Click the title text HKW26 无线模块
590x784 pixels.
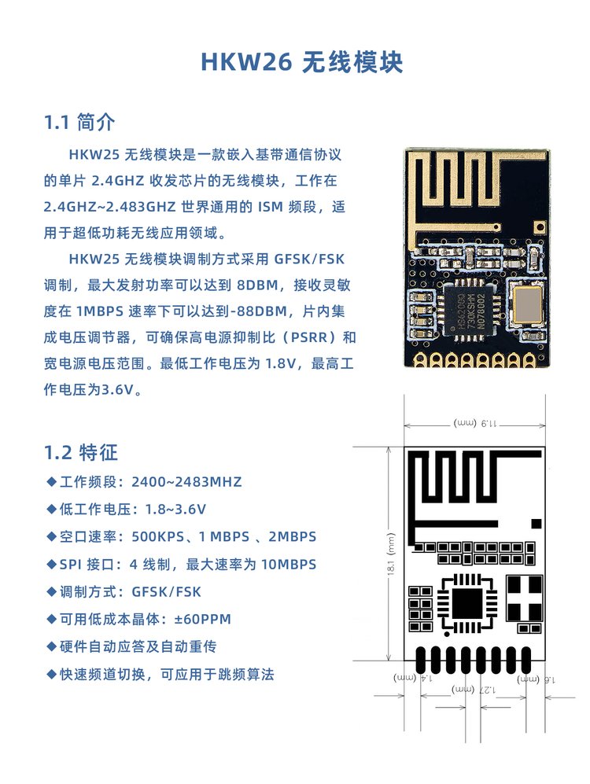(x=301, y=62)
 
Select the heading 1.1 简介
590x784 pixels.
(x=79, y=122)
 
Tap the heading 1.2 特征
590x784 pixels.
(x=81, y=452)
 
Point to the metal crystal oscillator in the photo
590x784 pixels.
(x=528, y=304)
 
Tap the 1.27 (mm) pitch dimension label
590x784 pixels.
(x=474, y=689)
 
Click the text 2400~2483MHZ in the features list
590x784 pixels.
(x=186, y=482)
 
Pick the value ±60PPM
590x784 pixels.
(x=202, y=619)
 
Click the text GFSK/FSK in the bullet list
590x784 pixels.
(x=166, y=592)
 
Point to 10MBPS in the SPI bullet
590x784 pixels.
(x=289, y=565)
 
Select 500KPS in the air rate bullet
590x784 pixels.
(x=158, y=536)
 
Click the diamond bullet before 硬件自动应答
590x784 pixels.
(x=51, y=646)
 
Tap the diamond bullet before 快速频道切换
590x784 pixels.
(x=51, y=674)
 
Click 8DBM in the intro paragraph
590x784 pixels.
(x=257, y=285)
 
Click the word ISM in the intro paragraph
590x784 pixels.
(x=271, y=207)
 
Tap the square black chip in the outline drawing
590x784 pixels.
(x=467, y=602)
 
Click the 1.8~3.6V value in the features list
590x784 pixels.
(x=175, y=510)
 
